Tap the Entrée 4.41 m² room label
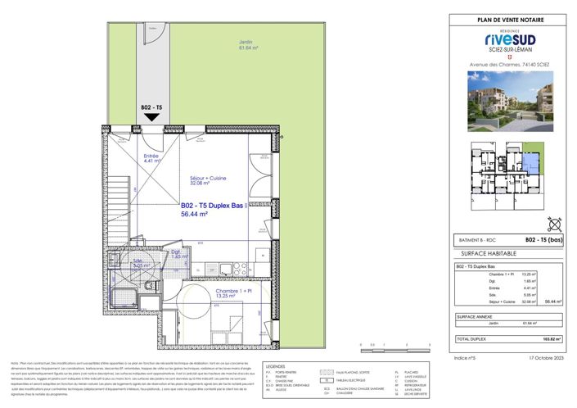tap(151, 159)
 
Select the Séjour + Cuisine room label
tap(209, 180)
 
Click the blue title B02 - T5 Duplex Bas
tap(212, 206)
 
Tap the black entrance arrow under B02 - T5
tap(151, 118)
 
